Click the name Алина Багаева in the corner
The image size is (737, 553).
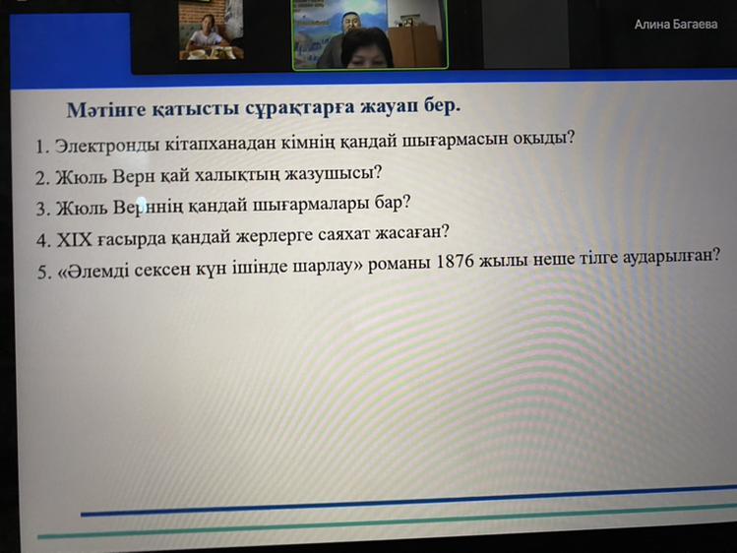pos(675,25)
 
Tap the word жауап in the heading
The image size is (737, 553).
pos(390,107)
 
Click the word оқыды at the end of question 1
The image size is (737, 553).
pos(541,139)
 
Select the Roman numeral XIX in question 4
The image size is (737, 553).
pos(74,240)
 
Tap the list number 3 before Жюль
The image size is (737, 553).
pos(41,209)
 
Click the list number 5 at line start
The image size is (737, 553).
pos(42,273)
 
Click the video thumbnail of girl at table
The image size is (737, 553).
pos(211,31)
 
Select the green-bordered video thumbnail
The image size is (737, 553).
pos(370,34)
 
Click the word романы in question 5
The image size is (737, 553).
pos(399,264)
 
